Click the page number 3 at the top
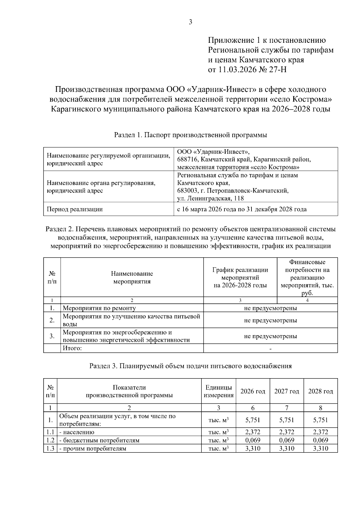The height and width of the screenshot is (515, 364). click(x=190, y=22)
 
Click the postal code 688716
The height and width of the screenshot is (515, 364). click(x=187, y=159)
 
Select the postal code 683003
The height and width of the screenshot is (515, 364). click(x=187, y=191)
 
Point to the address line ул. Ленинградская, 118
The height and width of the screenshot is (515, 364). click(x=210, y=199)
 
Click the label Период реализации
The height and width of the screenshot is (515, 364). click(x=74, y=209)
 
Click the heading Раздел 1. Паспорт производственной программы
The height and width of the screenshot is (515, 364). click(x=190, y=135)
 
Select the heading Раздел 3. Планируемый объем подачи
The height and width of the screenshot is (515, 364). click(x=190, y=366)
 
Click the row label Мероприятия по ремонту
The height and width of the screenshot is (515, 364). click(x=99, y=308)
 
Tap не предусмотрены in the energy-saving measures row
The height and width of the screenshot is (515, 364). click(x=270, y=336)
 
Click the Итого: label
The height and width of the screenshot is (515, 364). click(x=72, y=348)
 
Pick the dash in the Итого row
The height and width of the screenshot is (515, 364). click(x=270, y=349)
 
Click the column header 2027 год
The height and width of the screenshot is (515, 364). click(x=287, y=391)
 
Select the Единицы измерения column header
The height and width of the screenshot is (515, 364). click(x=219, y=391)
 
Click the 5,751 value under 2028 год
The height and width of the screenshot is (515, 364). click(x=321, y=420)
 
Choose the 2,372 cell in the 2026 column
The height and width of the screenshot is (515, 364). click(x=253, y=432)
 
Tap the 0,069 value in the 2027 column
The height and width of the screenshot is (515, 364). click(x=287, y=440)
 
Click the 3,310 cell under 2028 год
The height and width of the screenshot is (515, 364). click(x=321, y=449)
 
